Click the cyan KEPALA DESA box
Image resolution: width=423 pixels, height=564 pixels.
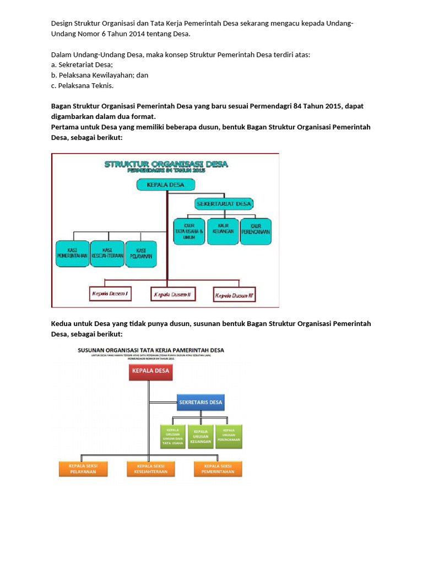(x=165, y=185)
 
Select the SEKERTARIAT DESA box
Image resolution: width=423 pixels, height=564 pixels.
(x=224, y=204)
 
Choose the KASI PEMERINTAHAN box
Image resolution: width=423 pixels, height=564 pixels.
(x=72, y=253)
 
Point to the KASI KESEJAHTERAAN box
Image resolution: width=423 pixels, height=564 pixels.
(x=107, y=253)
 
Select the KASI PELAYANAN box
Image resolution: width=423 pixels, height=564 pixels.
(x=141, y=254)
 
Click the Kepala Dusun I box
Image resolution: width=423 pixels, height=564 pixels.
(x=110, y=294)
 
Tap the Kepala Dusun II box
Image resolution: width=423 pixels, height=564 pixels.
(x=172, y=295)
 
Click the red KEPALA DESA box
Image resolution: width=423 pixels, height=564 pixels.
(x=150, y=372)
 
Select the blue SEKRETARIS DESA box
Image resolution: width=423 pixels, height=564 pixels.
(x=200, y=403)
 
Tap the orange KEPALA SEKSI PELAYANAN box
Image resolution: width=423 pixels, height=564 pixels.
(x=83, y=469)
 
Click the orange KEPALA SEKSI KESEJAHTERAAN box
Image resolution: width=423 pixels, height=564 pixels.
(x=150, y=469)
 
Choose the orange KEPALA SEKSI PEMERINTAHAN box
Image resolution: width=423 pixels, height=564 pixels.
(x=218, y=469)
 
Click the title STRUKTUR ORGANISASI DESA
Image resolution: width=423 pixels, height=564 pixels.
(x=166, y=164)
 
